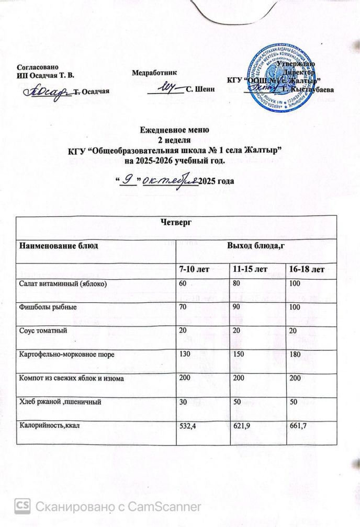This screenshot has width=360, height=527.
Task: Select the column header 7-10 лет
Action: [x=194, y=269]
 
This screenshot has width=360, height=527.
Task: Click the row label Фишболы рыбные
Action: [x=47, y=307]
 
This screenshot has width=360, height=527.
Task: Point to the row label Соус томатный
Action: [x=43, y=330]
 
